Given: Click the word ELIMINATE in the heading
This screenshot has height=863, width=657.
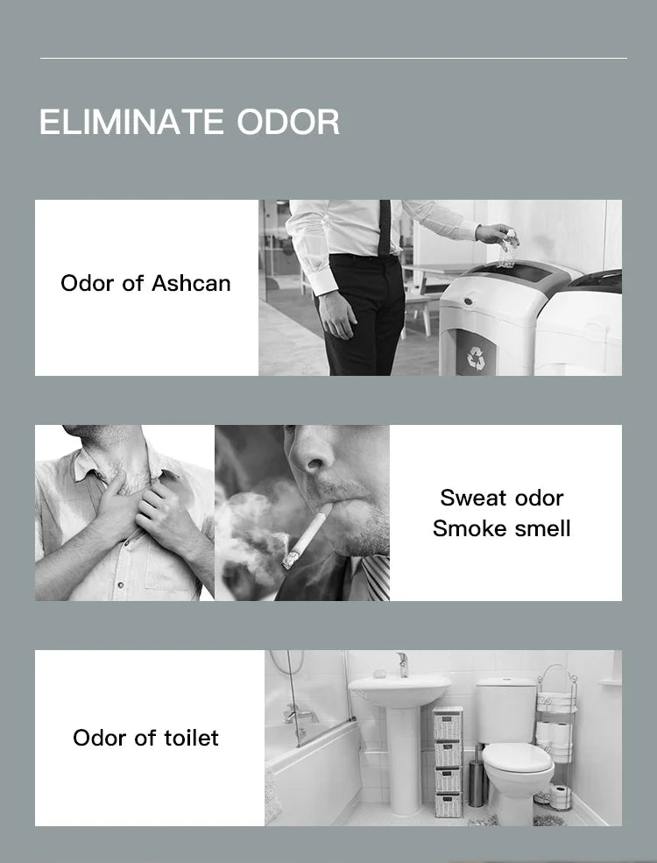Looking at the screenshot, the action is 131,122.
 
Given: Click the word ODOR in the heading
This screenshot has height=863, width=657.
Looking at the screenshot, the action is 288,122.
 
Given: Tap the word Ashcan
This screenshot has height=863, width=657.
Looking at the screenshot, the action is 191,284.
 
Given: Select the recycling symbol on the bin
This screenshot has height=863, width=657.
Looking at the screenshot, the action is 476,357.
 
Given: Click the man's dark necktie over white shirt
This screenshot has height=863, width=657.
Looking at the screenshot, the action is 385,227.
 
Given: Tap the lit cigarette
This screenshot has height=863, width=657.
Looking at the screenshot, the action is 306,537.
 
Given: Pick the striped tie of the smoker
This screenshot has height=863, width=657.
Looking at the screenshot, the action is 375,577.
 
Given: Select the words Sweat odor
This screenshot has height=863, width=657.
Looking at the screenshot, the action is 502,499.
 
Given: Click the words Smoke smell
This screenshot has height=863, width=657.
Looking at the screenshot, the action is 502,529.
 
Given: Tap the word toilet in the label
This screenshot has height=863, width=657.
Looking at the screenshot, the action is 190,738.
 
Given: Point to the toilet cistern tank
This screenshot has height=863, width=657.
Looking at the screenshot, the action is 505,711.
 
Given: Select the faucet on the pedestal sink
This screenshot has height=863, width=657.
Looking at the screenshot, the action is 403,665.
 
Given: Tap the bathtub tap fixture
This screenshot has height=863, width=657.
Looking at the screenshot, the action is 300,716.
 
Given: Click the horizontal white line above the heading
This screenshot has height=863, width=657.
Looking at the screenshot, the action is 334,58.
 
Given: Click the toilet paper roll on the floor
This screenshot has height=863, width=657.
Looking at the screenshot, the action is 561,797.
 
